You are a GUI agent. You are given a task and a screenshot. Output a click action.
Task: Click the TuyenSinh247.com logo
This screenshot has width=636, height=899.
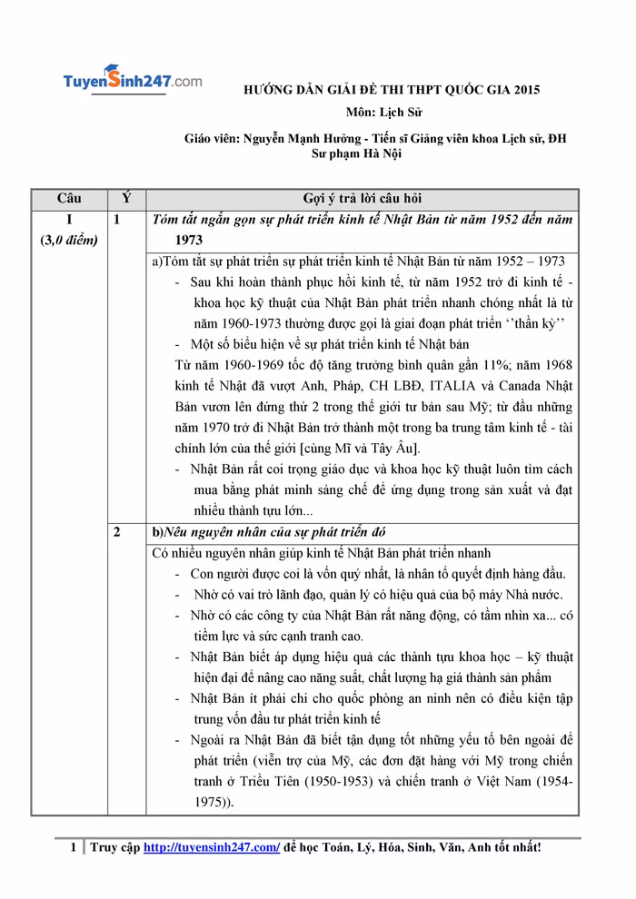[132, 81]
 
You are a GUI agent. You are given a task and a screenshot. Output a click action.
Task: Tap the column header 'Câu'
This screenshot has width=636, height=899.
[69, 199]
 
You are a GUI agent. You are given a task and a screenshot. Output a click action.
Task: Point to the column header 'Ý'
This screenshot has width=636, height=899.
[126, 199]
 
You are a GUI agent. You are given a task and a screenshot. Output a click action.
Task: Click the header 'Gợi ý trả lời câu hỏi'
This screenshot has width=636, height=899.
[362, 199]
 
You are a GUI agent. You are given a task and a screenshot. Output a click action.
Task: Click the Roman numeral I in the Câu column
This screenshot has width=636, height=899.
[69, 220]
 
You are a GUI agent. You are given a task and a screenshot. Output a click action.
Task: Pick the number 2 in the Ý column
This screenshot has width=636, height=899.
[117, 531]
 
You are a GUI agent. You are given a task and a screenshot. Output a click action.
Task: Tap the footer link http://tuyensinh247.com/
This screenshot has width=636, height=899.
[212, 847]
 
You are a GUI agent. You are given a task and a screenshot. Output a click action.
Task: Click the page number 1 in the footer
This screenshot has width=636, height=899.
[75, 847]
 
